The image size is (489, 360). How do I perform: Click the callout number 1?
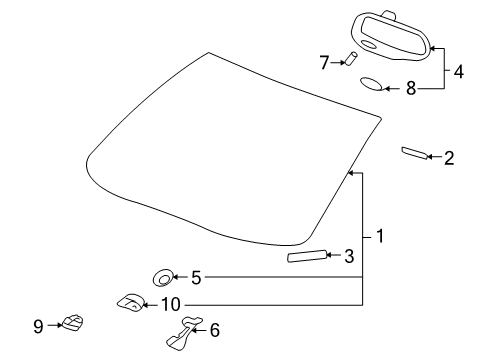380,237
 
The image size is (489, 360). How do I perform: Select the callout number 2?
449,157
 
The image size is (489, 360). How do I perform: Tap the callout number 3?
349,256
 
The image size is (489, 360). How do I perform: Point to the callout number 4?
459,71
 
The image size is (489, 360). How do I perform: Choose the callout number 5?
196,277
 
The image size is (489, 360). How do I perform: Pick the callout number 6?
214,328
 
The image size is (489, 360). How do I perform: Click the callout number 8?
410,88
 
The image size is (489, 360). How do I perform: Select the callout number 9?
38,325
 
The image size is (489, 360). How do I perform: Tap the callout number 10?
170,303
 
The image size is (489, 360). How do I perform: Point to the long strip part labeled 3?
306,257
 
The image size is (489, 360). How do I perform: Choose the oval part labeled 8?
370,83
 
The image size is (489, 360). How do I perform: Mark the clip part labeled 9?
71,322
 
